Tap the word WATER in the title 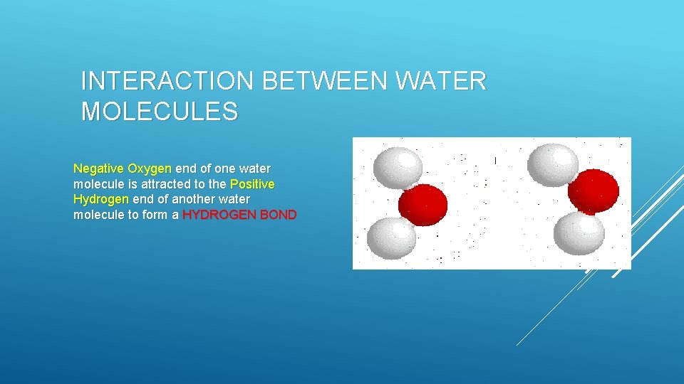[441, 82]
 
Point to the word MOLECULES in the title [160, 112]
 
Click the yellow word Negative [98, 169]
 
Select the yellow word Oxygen [149, 169]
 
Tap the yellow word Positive [252, 184]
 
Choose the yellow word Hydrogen [101, 199]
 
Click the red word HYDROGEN [219, 215]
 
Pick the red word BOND [279, 215]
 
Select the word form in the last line [157, 215]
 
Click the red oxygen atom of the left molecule [423, 206]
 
